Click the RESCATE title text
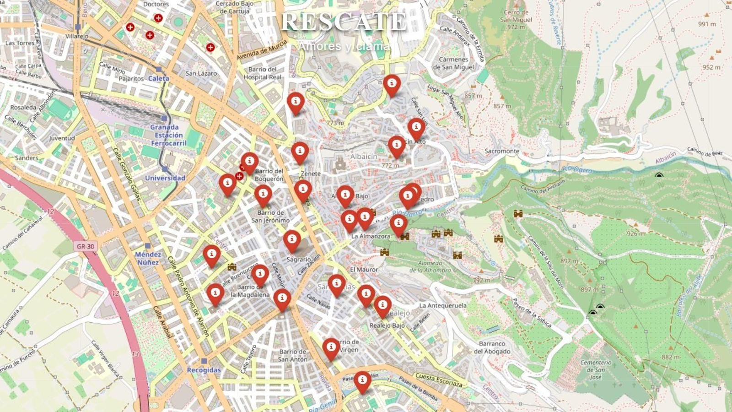(344, 22)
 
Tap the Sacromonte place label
(502, 151)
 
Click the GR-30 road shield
(86, 246)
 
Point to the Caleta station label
(158, 78)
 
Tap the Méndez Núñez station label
(148, 258)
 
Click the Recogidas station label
(204, 370)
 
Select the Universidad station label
(165, 178)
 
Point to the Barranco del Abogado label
(492, 347)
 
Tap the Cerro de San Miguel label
(516, 20)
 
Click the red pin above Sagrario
(292, 241)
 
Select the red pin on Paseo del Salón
(362, 381)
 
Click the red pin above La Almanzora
(398, 225)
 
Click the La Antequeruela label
(443, 305)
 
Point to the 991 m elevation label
(707, 24)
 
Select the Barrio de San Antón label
(293, 356)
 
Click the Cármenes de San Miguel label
(453, 63)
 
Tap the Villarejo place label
(77, 36)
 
